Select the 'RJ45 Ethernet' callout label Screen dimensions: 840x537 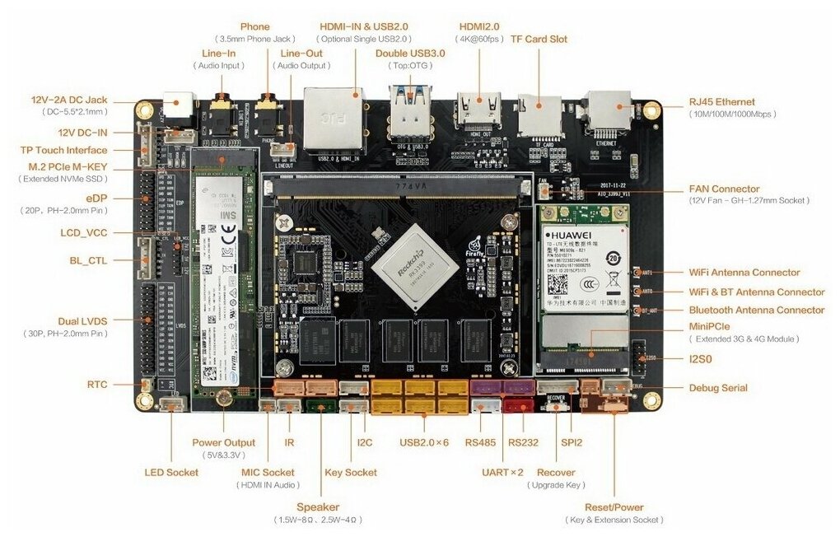(721, 102)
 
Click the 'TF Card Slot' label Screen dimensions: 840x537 (539, 39)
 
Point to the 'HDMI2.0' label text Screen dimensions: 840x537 (479, 26)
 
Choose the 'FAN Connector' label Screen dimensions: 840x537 (724, 189)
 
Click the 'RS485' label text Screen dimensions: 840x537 (480, 443)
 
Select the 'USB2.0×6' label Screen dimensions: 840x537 (425, 443)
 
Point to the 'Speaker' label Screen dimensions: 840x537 (318, 507)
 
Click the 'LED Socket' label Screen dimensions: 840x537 (172, 472)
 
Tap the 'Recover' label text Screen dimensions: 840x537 (556, 472)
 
